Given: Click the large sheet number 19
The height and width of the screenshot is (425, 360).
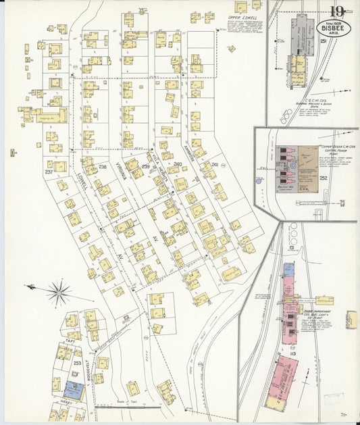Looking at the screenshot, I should tap(337, 11).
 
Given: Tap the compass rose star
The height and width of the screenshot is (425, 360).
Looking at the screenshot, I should tap(59, 293).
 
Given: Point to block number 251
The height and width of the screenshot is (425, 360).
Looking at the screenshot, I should tap(324, 42).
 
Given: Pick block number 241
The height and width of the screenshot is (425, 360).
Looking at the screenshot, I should tap(215, 164).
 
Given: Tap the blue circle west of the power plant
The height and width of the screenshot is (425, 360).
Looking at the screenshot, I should tap(258, 180).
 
